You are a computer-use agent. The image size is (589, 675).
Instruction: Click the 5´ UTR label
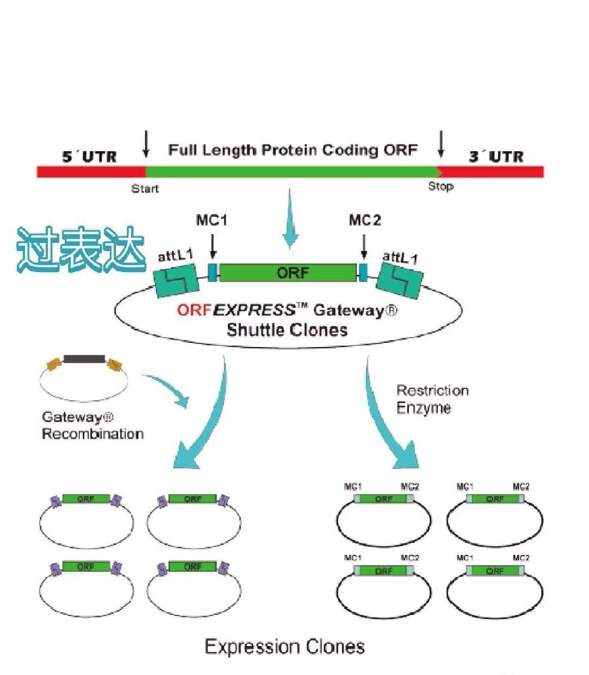pos(89,157)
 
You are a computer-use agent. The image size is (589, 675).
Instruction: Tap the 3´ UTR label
pos(495,156)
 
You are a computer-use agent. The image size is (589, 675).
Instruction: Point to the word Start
pos(145,188)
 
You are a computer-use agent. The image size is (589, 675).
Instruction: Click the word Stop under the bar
pos(441,186)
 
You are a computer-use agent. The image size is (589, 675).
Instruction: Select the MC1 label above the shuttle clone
pos(213,221)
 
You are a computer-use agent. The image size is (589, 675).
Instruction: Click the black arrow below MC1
pos(213,246)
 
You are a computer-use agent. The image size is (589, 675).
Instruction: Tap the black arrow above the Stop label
pos(441,143)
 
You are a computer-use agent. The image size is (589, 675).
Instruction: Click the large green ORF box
pos(287,273)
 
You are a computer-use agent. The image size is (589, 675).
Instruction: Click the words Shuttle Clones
pos(287,330)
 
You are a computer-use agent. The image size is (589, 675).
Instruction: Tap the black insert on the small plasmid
pos(84,359)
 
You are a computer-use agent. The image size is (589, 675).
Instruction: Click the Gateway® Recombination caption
pos(92,426)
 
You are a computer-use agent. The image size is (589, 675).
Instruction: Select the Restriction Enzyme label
pos(432,399)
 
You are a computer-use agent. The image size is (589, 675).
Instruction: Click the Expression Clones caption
pos(285,647)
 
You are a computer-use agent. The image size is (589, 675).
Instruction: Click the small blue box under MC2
pos(363,272)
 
